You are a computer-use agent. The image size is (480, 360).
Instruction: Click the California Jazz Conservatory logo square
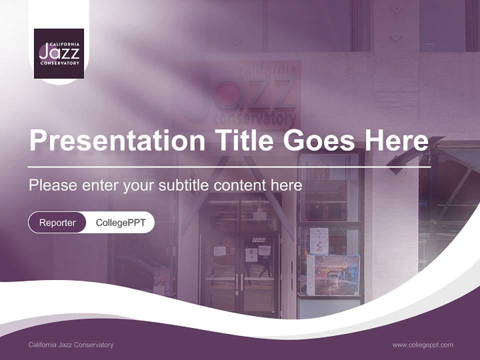(59, 54)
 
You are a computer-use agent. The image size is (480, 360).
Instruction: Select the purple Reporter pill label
(57, 222)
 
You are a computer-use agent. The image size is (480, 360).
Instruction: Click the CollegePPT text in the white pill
(120, 222)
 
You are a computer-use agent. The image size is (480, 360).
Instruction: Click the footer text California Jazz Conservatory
(71, 344)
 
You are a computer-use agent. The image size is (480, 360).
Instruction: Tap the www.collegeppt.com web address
(422, 344)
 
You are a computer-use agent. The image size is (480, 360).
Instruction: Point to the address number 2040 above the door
(258, 240)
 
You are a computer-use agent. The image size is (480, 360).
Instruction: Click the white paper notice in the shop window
(319, 240)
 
